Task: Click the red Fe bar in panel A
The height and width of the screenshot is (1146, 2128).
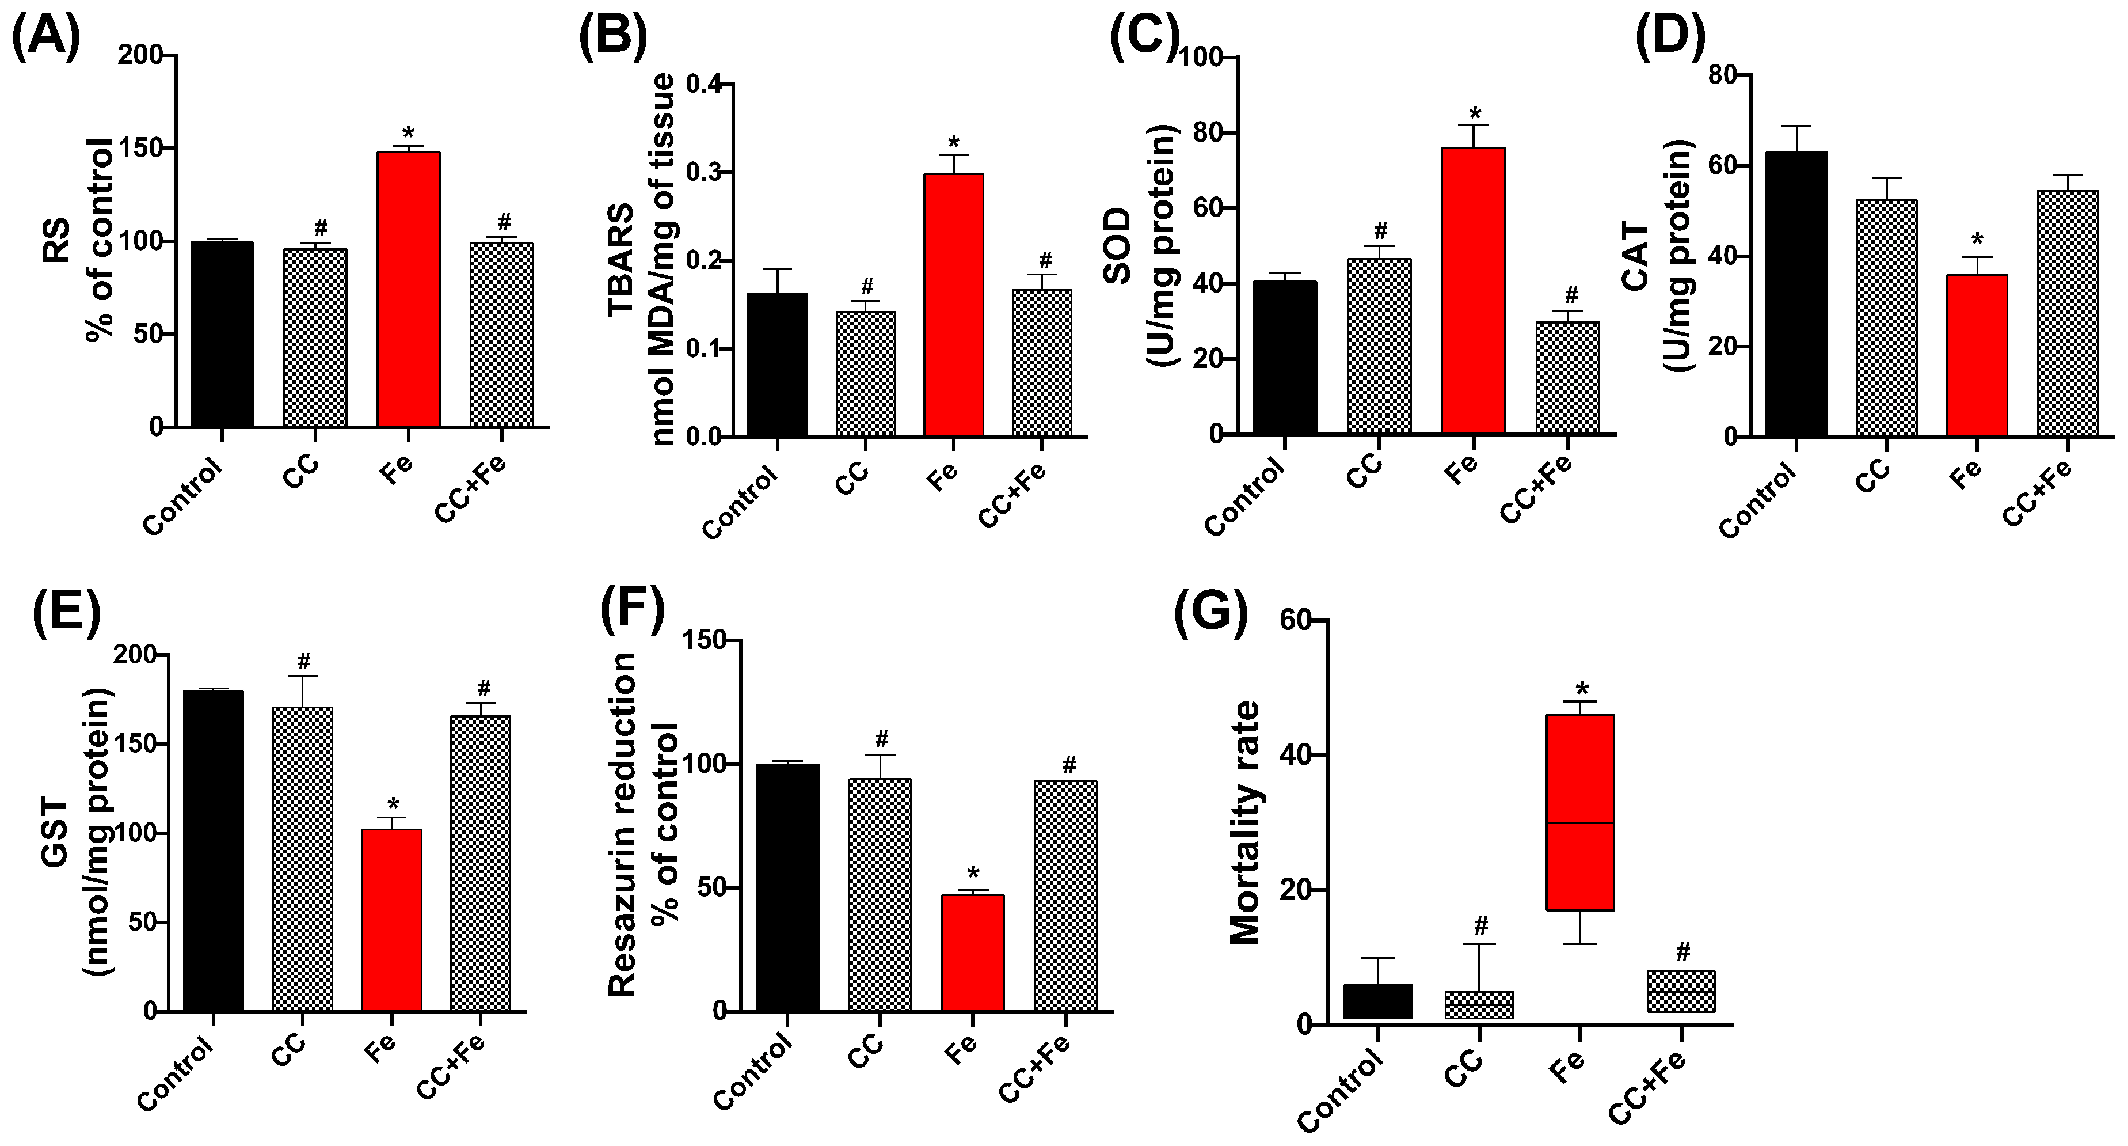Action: pos(408,289)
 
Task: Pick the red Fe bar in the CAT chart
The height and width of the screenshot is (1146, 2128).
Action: pos(1977,355)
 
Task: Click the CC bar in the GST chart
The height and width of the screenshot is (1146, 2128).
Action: pos(302,859)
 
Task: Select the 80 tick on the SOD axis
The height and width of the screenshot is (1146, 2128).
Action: pos(1205,133)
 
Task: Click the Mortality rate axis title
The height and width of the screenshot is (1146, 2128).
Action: pos(1245,822)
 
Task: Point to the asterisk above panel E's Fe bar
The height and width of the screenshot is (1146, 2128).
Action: pos(393,804)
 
